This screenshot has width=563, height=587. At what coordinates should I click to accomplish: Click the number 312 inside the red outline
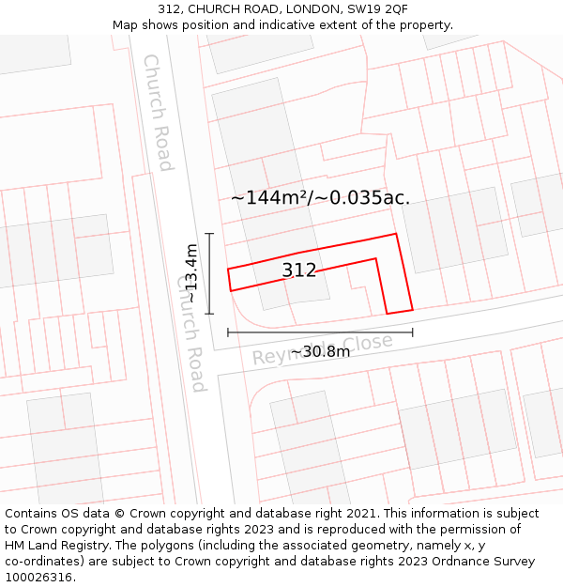[299, 271]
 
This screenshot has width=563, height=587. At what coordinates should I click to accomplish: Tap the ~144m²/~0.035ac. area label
[320, 197]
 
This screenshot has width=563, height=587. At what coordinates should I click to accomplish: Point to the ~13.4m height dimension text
[190, 273]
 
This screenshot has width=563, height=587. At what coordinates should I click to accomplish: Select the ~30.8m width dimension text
[320, 351]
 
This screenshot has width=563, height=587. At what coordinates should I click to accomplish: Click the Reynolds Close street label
[323, 348]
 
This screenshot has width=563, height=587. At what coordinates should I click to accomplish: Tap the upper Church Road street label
[157, 113]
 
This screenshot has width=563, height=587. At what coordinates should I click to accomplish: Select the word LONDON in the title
[275, 9]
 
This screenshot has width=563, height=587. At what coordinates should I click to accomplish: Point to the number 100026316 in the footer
[38, 578]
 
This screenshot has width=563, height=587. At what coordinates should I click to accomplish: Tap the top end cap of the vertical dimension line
[209, 233]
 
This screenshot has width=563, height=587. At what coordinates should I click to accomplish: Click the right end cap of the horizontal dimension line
[412, 332]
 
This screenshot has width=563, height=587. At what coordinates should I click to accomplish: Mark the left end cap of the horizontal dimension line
[228, 332]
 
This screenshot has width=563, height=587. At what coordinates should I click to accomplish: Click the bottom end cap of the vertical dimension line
[209, 314]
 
